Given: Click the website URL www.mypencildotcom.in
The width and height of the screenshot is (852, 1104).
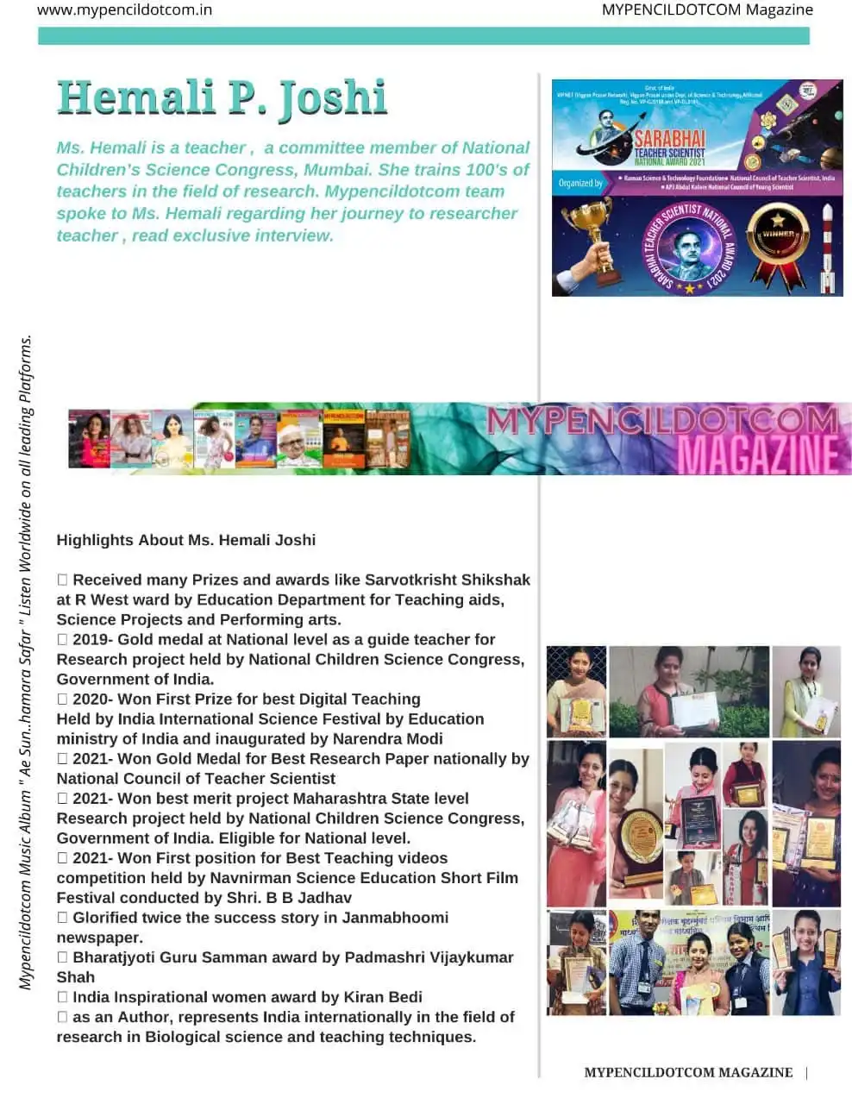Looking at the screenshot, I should pyautogui.click(x=124, y=10).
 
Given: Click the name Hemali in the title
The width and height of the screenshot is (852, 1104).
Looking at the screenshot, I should pyautogui.click(x=138, y=97).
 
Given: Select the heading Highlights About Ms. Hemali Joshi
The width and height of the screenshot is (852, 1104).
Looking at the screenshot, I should pyautogui.click(x=185, y=540).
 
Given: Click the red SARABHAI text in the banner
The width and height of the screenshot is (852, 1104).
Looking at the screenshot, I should pyautogui.click(x=669, y=139).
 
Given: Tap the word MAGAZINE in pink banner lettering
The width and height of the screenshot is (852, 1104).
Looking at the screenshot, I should pyautogui.click(x=757, y=454).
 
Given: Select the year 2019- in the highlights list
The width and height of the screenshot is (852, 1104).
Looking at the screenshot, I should pyautogui.click(x=92, y=639).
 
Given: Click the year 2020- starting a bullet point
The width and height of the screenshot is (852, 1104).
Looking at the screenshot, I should pyautogui.click(x=92, y=699).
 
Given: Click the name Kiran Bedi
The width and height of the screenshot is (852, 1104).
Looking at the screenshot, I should pyautogui.click(x=383, y=997).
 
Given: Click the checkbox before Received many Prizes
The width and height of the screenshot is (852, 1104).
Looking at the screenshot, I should pyautogui.click(x=62, y=580).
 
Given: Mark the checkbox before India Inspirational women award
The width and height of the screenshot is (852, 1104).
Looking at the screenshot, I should pyautogui.click(x=62, y=997).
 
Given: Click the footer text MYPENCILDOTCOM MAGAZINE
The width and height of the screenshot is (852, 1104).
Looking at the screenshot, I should pyautogui.click(x=688, y=1072).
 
